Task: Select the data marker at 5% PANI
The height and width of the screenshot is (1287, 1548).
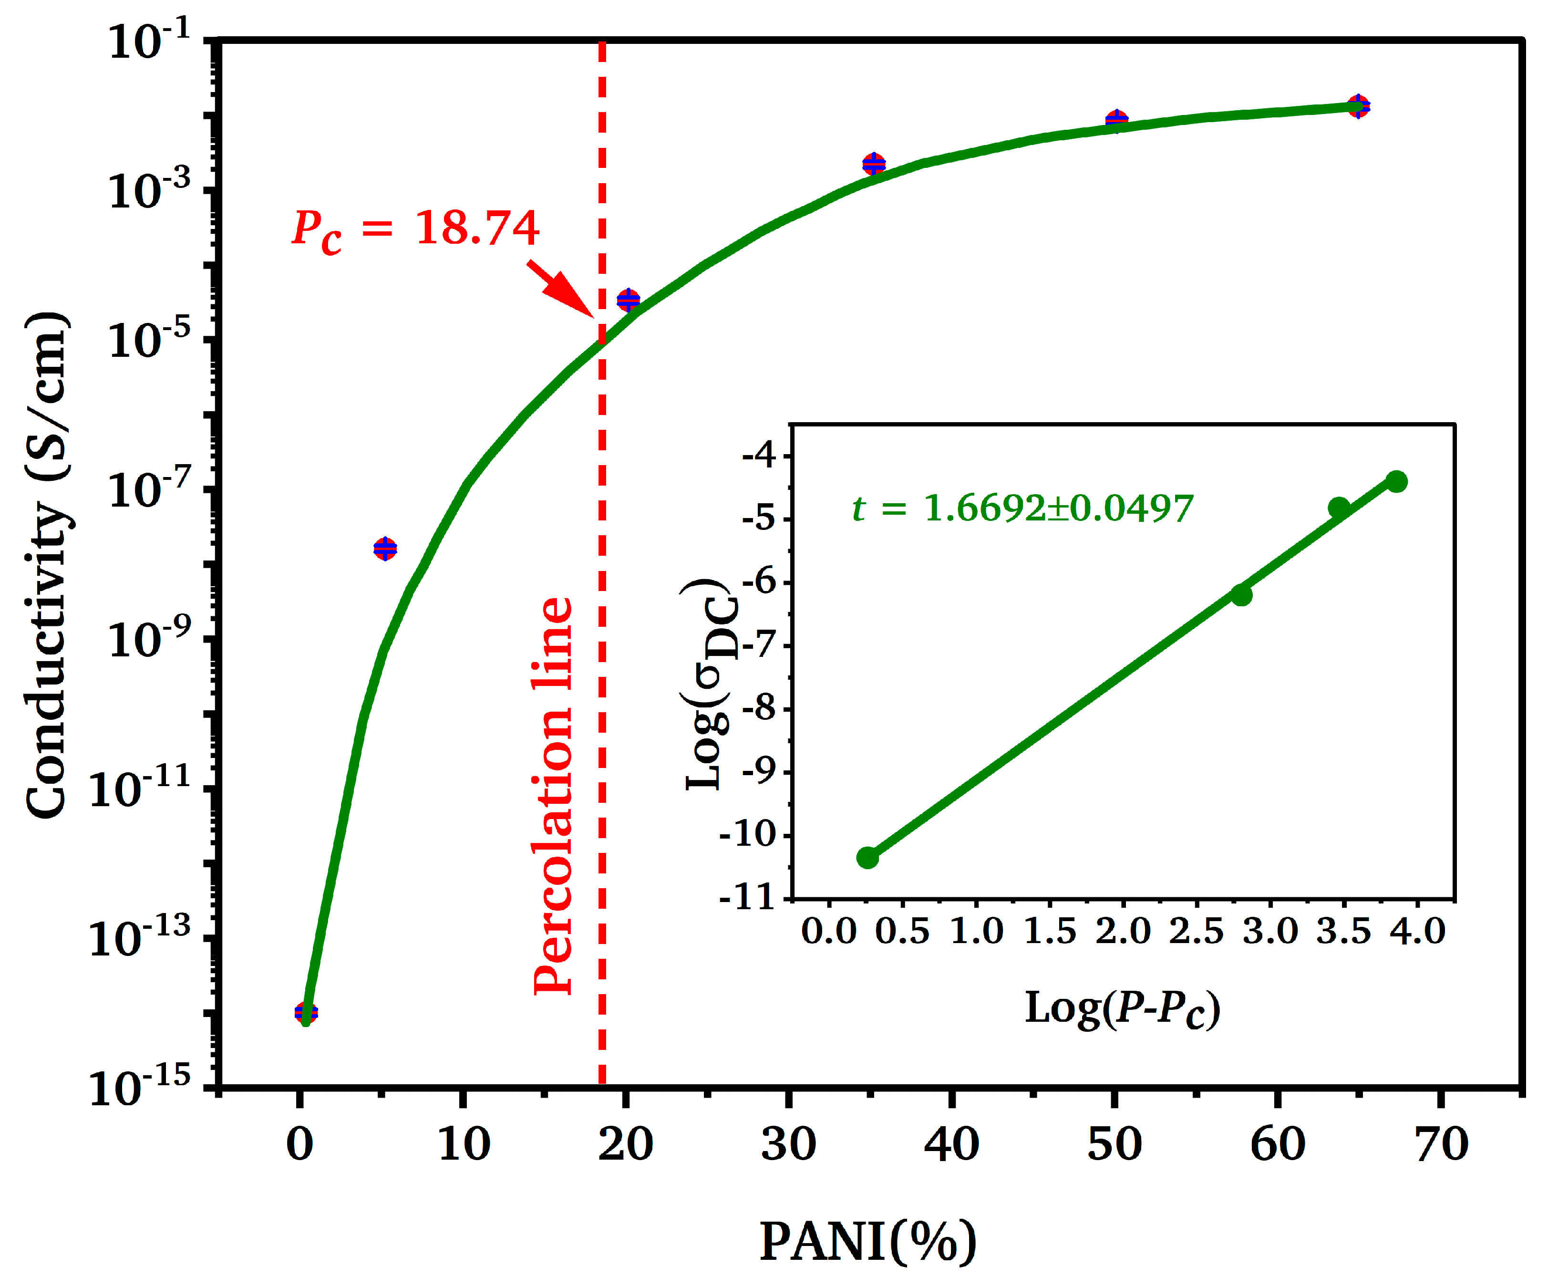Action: [385, 548]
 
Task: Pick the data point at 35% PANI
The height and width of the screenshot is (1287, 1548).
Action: [874, 164]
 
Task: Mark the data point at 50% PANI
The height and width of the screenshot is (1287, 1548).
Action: [1117, 119]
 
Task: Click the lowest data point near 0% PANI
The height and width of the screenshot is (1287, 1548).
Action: [306, 1013]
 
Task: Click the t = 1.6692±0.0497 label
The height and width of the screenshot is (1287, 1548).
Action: [1022, 508]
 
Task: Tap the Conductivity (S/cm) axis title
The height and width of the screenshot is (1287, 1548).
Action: [48, 564]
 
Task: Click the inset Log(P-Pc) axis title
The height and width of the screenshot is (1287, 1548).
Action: [1122, 1008]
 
